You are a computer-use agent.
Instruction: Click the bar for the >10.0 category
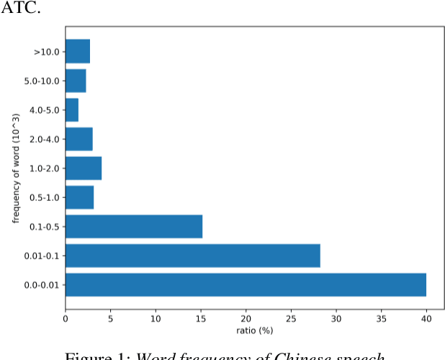(x=78, y=52)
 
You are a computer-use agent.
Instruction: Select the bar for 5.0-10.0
(x=76, y=81)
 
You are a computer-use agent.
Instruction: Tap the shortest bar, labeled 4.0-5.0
(x=72, y=110)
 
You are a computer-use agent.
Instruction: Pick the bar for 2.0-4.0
(x=79, y=139)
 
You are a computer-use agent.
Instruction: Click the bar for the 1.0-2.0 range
(x=84, y=168)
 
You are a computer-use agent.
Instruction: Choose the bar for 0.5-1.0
(x=80, y=197)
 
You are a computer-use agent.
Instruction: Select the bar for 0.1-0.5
(x=134, y=226)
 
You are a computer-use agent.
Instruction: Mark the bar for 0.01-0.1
(x=193, y=256)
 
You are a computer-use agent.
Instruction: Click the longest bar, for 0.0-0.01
(x=246, y=284)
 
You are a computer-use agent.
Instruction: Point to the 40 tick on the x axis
(x=426, y=316)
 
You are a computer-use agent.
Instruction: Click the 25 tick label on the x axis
(x=291, y=316)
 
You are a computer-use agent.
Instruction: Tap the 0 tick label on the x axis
(x=66, y=316)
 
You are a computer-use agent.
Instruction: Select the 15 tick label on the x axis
(x=201, y=316)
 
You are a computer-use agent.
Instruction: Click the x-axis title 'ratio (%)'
(x=255, y=330)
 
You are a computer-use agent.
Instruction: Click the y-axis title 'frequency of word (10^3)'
(x=17, y=168)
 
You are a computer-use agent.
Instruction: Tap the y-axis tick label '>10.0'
(x=46, y=52)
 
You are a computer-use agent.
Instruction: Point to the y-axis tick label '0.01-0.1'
(x=42, y=256)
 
